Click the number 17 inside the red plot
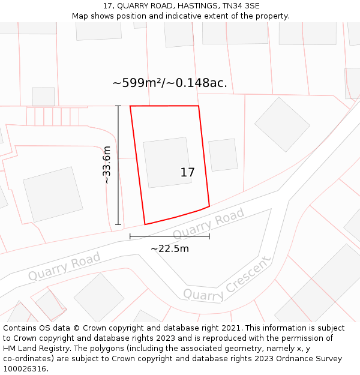tap(187, 173)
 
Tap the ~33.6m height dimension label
tap(107, 165)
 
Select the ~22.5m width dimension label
tap(170, 248)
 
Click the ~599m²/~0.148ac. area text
tap(170, 83)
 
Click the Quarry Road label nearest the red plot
tap(209, 223)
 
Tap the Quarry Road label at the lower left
tap(64, 266)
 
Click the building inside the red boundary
tap(167, 162)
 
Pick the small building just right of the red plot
tap(223, 155)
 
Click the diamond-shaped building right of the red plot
tap(282, 124)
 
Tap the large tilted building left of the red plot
tap(53, 194)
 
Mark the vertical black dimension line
tap(118, 165)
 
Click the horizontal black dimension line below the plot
tap(170, 237)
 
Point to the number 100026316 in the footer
tap(23, 369)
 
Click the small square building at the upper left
tap(43, 97)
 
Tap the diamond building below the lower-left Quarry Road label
tap(98, 297)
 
